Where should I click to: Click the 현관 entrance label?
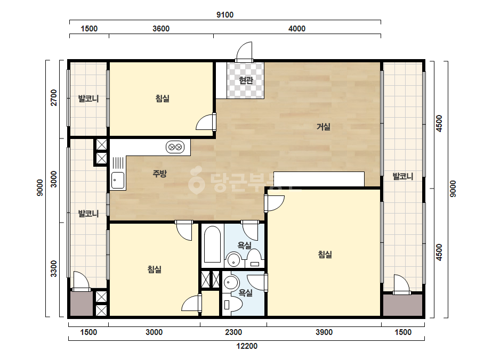(x=246, y=80)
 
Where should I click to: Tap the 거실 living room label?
(x=323, y=127)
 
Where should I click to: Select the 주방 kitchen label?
(x=159, y=174)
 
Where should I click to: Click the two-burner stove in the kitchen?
(x=175, y=147)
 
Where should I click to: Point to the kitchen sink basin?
(x=118, y=181)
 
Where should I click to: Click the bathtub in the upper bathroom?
(x=212, y=244)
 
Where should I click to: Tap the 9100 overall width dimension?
(x=225, y=15)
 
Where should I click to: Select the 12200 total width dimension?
(x=247, y=346)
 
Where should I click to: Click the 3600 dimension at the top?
(x=161, y=29)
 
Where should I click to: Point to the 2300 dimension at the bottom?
(x=233, y=332)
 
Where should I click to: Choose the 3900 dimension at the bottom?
(x=324, y=332)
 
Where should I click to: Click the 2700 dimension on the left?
(x=54, y=97)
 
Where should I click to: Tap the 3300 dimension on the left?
(x=54, y=269)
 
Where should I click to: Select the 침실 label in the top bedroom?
(x=162, y=99)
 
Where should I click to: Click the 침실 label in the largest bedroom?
(x=325, y=255)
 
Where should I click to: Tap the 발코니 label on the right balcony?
(x=403, y=177)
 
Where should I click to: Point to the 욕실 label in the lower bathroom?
(x=246, y=293)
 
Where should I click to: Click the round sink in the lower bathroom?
(x=231, y=283)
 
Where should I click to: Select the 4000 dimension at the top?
(x=297, y=29)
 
